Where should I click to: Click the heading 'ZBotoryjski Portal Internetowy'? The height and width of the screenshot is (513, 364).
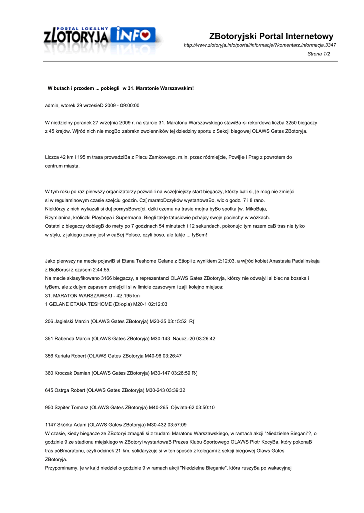271,36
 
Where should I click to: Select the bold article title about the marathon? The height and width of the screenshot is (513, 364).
120,88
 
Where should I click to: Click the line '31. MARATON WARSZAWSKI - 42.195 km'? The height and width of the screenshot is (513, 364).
92,295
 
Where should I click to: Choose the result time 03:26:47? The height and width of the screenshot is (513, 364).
169,356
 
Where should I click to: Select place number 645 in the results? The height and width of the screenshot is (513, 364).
49,390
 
